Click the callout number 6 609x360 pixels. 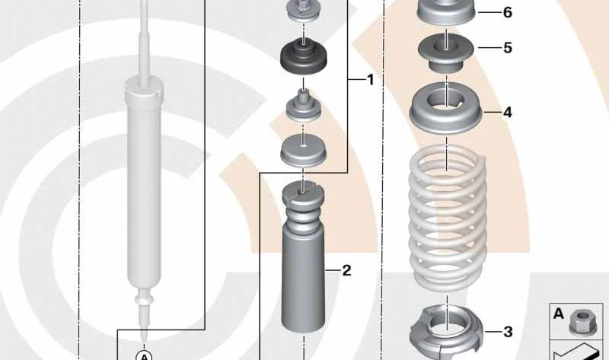(x=508, y=12)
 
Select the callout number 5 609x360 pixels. (x=508, y=48)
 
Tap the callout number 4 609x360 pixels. (x=508, y=113)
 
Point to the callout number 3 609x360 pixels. (x=508, y=332)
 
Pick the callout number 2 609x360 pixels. (x=346, y=270)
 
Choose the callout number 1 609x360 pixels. (x=370, y=80)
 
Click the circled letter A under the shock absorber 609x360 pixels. (x=144, y=355)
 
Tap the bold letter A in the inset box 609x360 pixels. (x=559, y=314)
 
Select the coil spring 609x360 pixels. (x=448, y=218)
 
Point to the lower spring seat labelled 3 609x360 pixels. (x=447, y=332)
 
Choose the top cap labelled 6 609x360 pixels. (x=447, y=11)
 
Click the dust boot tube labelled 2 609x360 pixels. (x=303, y=258)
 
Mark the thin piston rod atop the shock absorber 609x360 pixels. (x=144, y=43)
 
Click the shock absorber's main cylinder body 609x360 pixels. (x=144, y=186)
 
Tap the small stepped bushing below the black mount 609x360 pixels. (x=303, y=105)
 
